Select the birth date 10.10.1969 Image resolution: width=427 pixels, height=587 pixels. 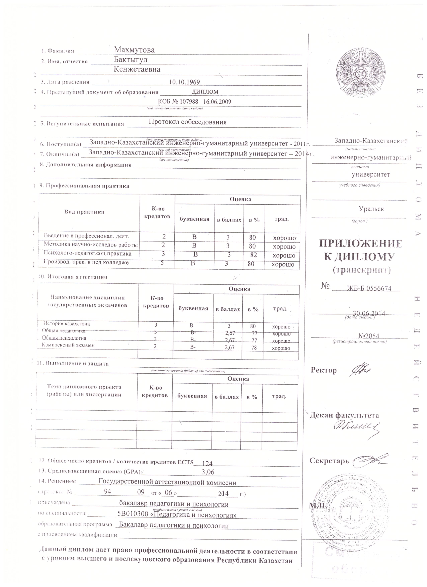click(184, 82)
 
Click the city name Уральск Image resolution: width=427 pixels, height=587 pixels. click(371, 209)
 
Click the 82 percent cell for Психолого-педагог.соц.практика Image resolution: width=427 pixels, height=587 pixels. click(253, 255)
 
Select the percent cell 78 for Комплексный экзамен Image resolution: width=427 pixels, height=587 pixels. click(254, 348)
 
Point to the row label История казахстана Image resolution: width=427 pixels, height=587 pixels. click(67, 324)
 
